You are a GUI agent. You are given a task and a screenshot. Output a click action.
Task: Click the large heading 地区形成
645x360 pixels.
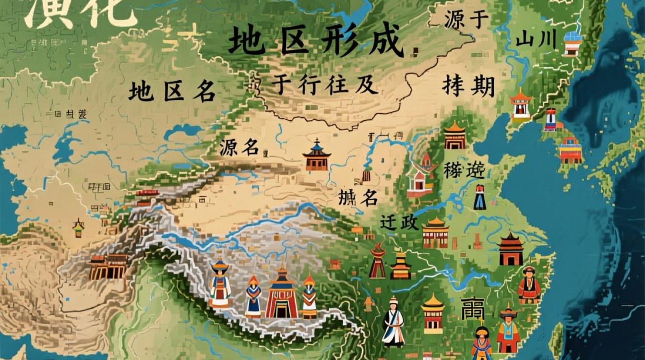coord(315,41)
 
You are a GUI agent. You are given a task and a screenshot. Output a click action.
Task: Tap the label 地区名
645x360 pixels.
coord(171,91)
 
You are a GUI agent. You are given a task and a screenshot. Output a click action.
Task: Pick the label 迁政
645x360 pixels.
coord(399,223)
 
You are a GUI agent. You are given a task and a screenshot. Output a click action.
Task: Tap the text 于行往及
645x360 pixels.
coord(324,85)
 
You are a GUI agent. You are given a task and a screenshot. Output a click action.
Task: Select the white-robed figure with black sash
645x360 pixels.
coord(394,322)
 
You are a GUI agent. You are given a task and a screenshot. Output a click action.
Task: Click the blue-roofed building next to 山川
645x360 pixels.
coord(573,44)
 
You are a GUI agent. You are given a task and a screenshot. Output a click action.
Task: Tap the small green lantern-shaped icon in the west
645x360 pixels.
coord(78,228)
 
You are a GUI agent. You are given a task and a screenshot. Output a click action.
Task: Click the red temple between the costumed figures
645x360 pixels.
coord(282,294)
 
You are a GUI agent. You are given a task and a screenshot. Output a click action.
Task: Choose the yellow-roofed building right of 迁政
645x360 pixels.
coord(435,232)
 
